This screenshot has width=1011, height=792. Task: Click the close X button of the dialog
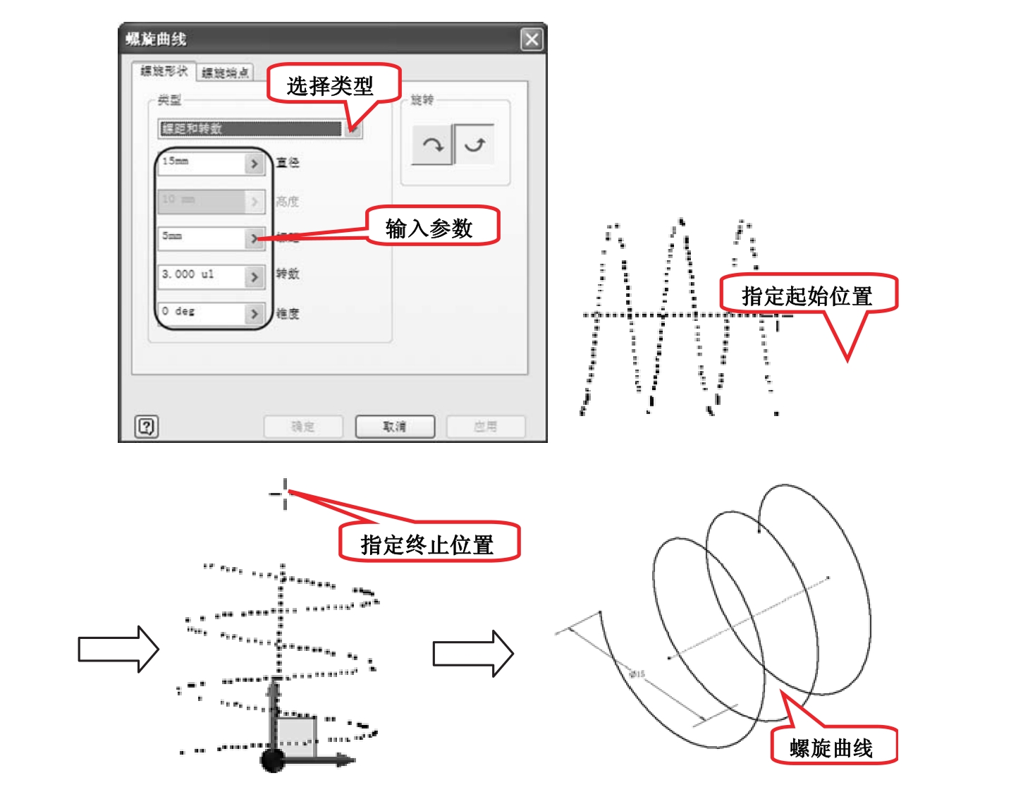point(532,39)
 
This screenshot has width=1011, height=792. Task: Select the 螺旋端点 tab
point(225,73)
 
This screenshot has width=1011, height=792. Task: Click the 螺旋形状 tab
point(164,71)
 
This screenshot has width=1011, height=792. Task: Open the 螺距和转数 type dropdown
point(353,128)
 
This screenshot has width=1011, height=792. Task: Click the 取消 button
point(395,427)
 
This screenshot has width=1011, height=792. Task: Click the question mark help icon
point(146,426)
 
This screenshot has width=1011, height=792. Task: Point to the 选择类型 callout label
point(330,86)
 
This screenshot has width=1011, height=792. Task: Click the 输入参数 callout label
point(429,228)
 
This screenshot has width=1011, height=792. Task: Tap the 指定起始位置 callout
point(807,296)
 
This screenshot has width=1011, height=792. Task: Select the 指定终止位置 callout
point(427,544)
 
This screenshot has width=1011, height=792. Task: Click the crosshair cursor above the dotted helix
point(285,493)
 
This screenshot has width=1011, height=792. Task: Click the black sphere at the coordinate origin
point(272,760)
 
